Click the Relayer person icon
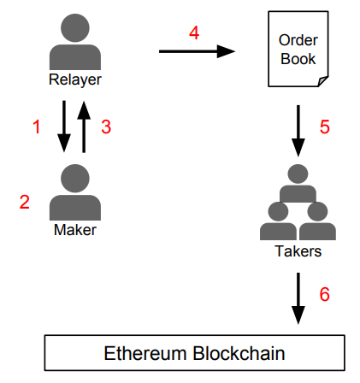point(75,42)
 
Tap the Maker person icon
point(75,192)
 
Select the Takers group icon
point(298,202)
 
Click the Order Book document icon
point(298,49)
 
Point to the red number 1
point(37,127)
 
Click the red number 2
point(25,202)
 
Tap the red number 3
point(106,127)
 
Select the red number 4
point(194,32)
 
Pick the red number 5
point(325,127)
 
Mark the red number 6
point(325,294)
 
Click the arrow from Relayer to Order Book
point(197,51)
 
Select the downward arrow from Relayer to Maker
point(64,127)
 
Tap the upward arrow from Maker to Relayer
point(84,127)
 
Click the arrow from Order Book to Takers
point(298,131)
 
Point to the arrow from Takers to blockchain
point(298,298)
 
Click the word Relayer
point(75,80)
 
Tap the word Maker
point(75,230)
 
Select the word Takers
point(298,251)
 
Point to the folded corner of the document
point(323,81)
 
